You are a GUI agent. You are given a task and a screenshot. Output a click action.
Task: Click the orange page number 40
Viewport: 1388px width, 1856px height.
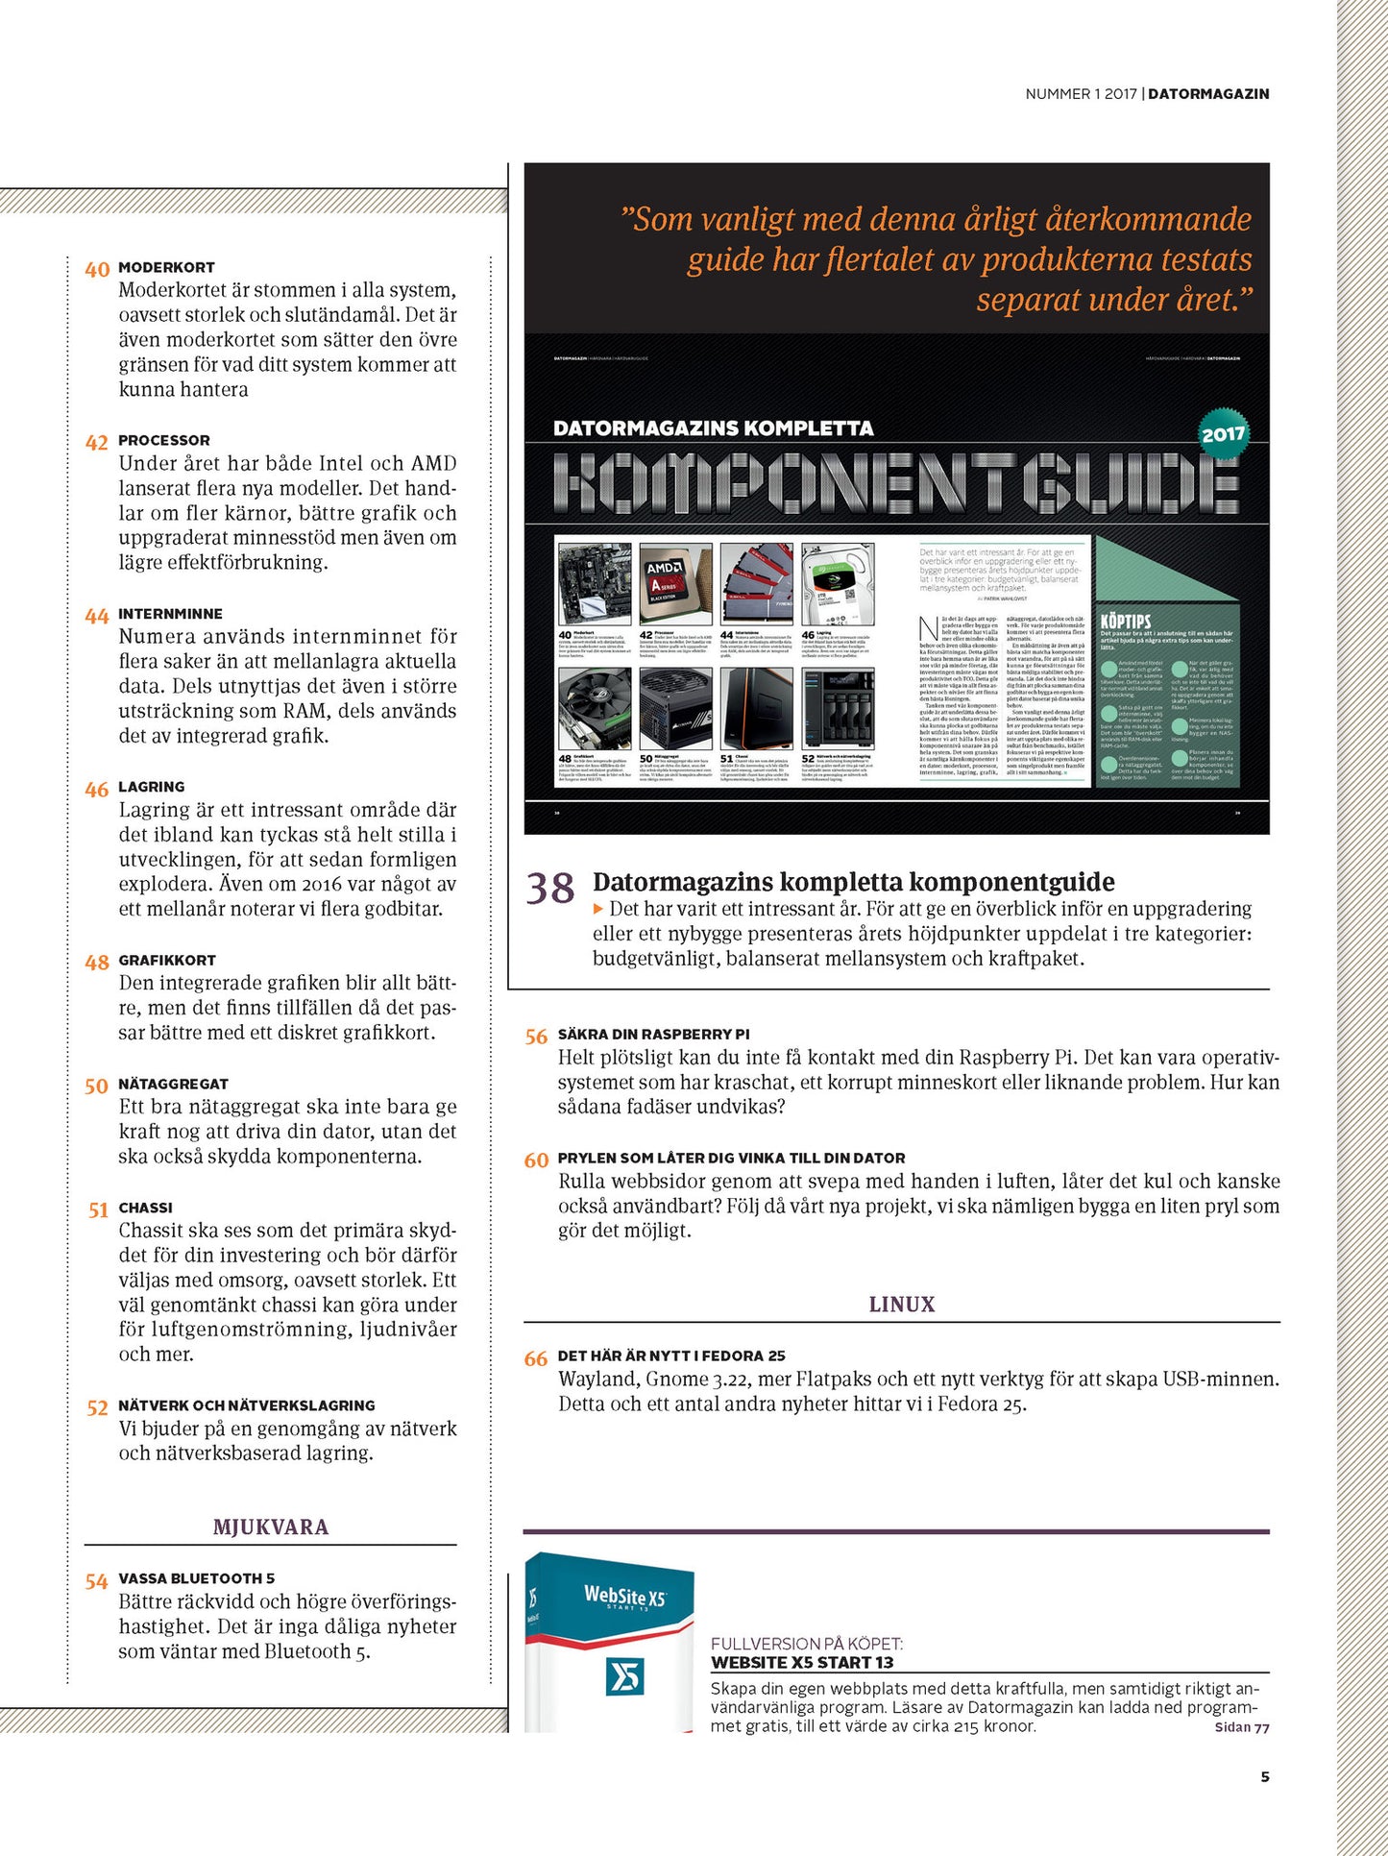97,269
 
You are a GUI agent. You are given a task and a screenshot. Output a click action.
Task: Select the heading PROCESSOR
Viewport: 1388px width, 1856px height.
163,440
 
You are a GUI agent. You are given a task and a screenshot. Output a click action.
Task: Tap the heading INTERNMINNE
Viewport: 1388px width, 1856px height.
170,614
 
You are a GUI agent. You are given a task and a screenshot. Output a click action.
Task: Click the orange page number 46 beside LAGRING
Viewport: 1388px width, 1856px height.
97,790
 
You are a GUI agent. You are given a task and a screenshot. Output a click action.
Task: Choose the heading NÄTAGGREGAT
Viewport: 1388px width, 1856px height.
173,1084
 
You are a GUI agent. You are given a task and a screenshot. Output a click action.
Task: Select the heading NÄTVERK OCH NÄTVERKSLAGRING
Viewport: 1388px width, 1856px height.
247,1405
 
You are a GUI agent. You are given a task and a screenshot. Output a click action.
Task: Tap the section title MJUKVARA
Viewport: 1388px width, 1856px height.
271,1526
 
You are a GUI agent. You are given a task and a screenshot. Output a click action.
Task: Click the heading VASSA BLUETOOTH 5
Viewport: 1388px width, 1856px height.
197,1578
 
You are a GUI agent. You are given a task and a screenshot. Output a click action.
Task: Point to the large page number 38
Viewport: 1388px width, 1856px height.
550,889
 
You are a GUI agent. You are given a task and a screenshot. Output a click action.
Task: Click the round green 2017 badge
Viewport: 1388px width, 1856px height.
1223,434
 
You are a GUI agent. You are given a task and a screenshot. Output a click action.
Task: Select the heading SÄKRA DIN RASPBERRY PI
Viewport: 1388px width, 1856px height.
653,1035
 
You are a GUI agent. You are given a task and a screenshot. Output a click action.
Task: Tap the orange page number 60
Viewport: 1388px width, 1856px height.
536,1160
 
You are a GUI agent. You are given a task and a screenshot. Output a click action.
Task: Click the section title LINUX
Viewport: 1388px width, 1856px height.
901,1304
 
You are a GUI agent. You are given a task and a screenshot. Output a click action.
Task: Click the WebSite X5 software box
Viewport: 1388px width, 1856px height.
609,1643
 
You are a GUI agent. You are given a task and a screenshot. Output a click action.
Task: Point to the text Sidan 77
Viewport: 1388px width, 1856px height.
1241,1727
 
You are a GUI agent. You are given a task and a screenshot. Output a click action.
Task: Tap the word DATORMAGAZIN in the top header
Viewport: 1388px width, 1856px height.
1208,94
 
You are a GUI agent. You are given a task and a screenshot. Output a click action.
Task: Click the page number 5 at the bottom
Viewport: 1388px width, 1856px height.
1264,1776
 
